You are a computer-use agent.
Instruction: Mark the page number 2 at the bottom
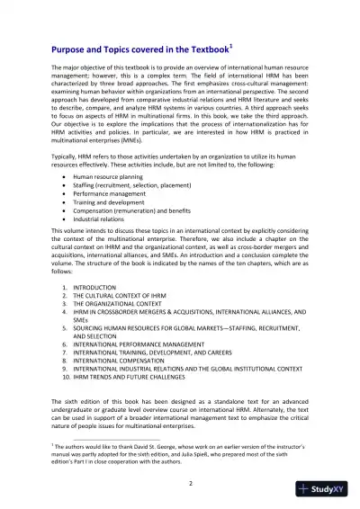tap(179, 484)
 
